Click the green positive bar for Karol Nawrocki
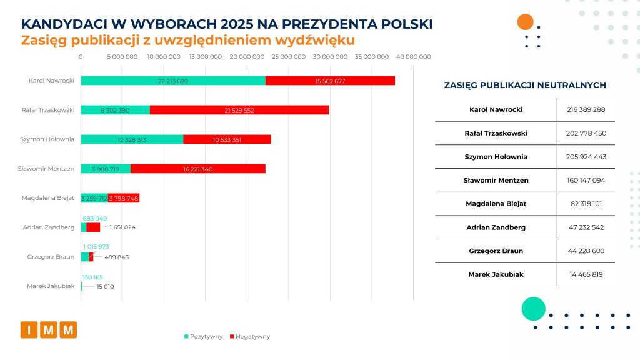point(173,81)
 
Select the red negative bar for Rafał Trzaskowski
point(239,110)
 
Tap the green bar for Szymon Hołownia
point(132,139)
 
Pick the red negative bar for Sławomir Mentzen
point(198,169)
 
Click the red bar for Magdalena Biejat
point(124,198)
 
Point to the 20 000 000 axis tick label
point(247,57)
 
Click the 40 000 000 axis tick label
point(413,57)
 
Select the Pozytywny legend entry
point(203,336)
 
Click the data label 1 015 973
point(96,247)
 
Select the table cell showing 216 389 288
point(586,109)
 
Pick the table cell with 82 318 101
point(586,204)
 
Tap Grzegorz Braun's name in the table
point(496,251)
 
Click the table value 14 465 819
point(586,274)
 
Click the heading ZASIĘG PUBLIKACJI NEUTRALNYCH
point(524,86)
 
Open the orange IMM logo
point(48,329)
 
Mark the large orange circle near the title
point(526,22)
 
